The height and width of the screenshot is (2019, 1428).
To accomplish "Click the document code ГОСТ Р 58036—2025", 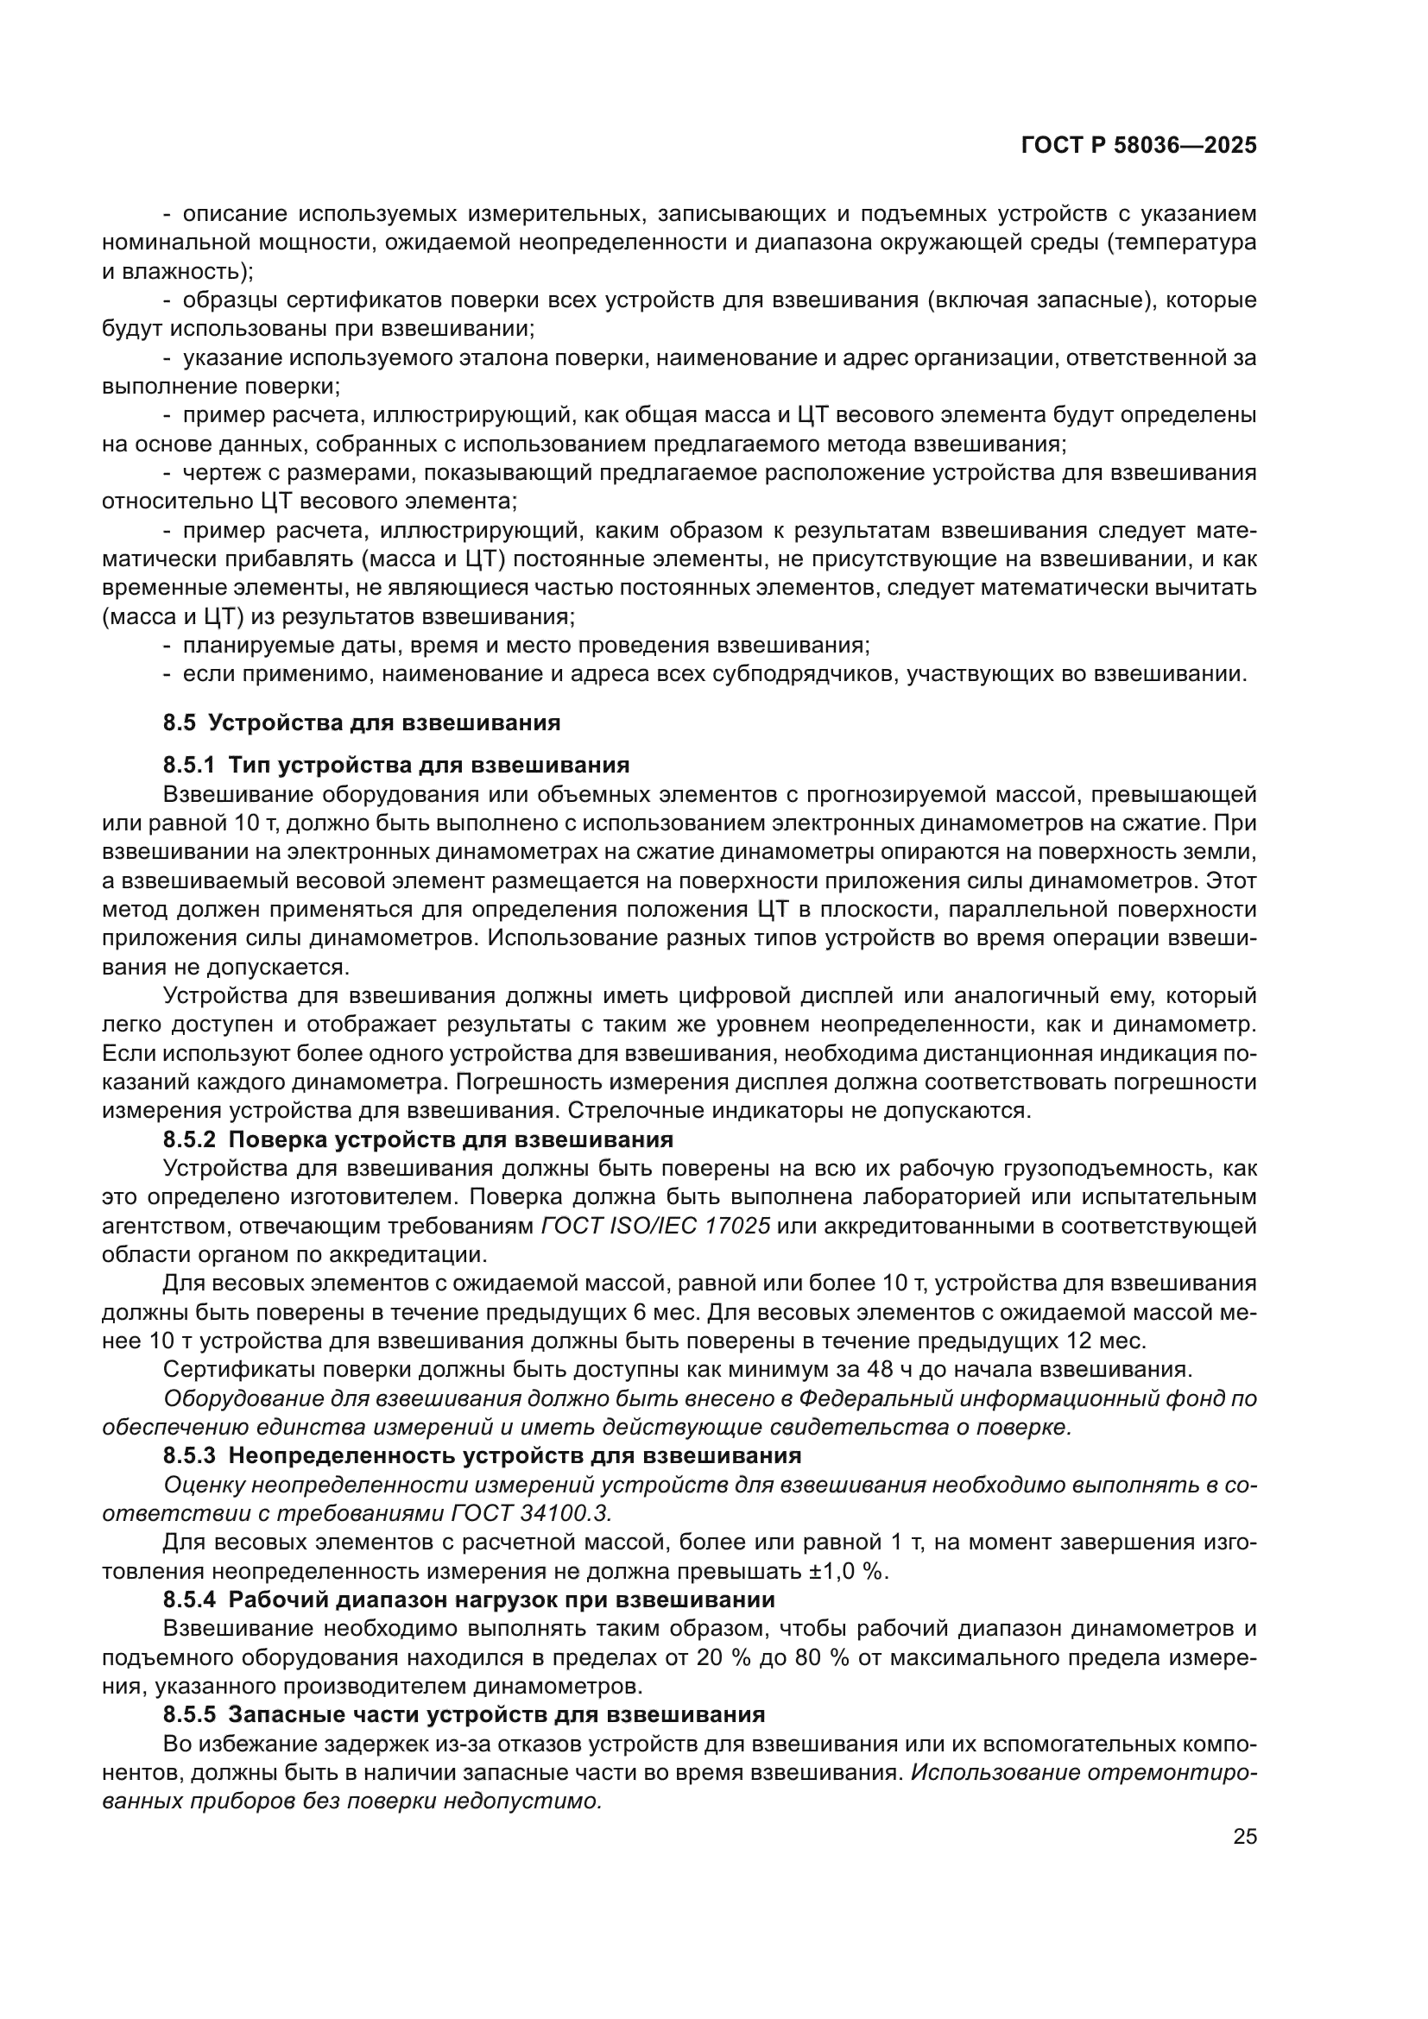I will [x=1139, y=146].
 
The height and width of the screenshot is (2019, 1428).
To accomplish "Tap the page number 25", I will [x=1244, y=1837].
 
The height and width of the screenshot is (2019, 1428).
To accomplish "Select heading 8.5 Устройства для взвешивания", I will [x=362, y=722].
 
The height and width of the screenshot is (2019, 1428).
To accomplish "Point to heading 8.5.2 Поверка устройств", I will [x=418, y=1139].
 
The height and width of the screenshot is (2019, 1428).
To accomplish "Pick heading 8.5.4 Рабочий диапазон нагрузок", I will [x=469, y=1599].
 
